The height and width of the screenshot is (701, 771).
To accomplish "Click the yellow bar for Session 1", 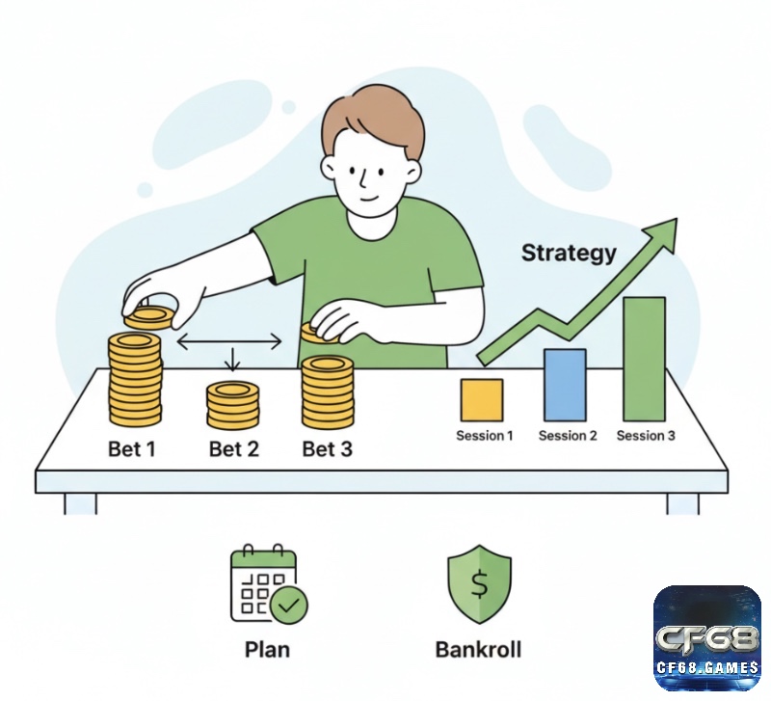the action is click(482, 400).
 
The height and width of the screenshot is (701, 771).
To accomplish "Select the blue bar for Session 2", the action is click(565, 385).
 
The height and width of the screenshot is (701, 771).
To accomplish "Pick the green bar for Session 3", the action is click(644, 359).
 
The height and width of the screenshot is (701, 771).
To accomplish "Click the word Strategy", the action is click(569, 254).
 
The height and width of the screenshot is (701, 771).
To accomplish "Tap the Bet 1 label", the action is click(132, 448).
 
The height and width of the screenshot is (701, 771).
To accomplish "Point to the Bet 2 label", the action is click(233, 448).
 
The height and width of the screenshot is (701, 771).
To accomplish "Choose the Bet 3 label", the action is click(327, 448).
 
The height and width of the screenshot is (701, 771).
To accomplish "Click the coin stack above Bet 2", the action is click(233, 405).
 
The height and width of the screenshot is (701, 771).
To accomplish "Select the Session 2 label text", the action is click(568, 436).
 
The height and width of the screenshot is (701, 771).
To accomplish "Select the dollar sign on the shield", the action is click(479, 584).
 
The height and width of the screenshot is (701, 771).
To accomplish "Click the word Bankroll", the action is click(478, 649).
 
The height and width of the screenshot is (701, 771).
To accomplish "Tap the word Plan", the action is click(267, 649).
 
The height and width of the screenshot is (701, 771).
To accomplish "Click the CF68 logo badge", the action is click(707, 638).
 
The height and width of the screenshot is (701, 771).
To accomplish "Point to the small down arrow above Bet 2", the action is click(232, 359).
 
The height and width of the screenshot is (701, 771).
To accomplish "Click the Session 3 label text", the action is click(646, 436).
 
